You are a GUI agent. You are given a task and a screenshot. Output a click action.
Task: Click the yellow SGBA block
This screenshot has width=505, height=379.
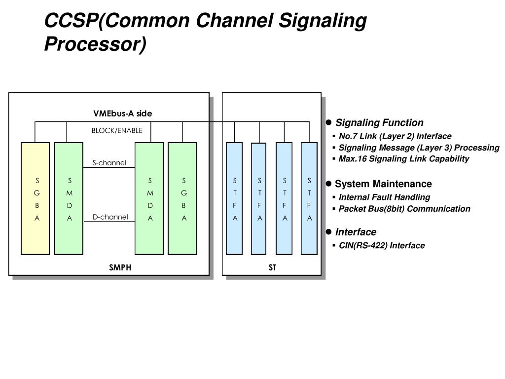(x=35, y=198)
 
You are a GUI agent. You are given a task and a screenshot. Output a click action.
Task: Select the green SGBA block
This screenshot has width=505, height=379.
(x=182, y=198)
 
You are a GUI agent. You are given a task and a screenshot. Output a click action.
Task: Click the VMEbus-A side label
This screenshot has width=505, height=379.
(x=123, y=114)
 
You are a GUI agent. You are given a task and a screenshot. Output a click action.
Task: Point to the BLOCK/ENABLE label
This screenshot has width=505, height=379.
(x=117, y=130)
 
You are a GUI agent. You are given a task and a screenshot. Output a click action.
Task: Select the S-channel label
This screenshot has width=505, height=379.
(x=109, y=163)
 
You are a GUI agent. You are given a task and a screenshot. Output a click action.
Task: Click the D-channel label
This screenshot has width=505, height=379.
(x=110, y=217)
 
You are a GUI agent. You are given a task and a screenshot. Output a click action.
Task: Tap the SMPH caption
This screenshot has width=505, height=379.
(x=120, y=267)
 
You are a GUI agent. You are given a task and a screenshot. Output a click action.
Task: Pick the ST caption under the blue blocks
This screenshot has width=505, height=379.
(x=272, y=267)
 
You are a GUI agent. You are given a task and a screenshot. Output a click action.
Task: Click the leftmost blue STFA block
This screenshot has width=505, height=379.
(x=234, y=198)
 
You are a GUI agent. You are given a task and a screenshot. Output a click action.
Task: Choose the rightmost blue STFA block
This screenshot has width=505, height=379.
(x=309, y=198)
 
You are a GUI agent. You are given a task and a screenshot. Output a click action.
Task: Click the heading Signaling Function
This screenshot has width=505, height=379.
(x=379, y=122)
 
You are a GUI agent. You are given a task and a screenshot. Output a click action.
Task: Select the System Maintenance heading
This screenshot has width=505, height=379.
(x=383, y=184)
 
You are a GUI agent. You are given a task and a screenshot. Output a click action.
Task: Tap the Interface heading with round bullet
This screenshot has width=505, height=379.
(x=356, y=232)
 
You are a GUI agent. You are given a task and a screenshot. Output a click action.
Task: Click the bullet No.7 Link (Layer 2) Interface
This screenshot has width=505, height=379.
(x=395, y=136)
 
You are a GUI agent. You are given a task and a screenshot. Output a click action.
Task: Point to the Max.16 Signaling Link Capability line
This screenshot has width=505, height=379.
(x=403, y=158)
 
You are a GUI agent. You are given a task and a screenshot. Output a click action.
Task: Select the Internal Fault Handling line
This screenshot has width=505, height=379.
(x=384, y=197)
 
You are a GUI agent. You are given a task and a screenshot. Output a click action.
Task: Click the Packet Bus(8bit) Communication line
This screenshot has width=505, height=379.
(x=404, y=209)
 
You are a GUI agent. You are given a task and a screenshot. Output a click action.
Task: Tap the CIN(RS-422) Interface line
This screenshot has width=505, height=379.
(x=381, y=245)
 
